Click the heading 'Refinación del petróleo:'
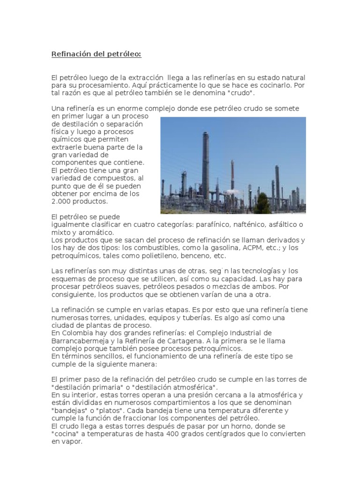(x=96, y=54)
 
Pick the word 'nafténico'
(x=236, y=225)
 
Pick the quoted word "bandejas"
(x=68, y=411)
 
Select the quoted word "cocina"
(x=65, y=434)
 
